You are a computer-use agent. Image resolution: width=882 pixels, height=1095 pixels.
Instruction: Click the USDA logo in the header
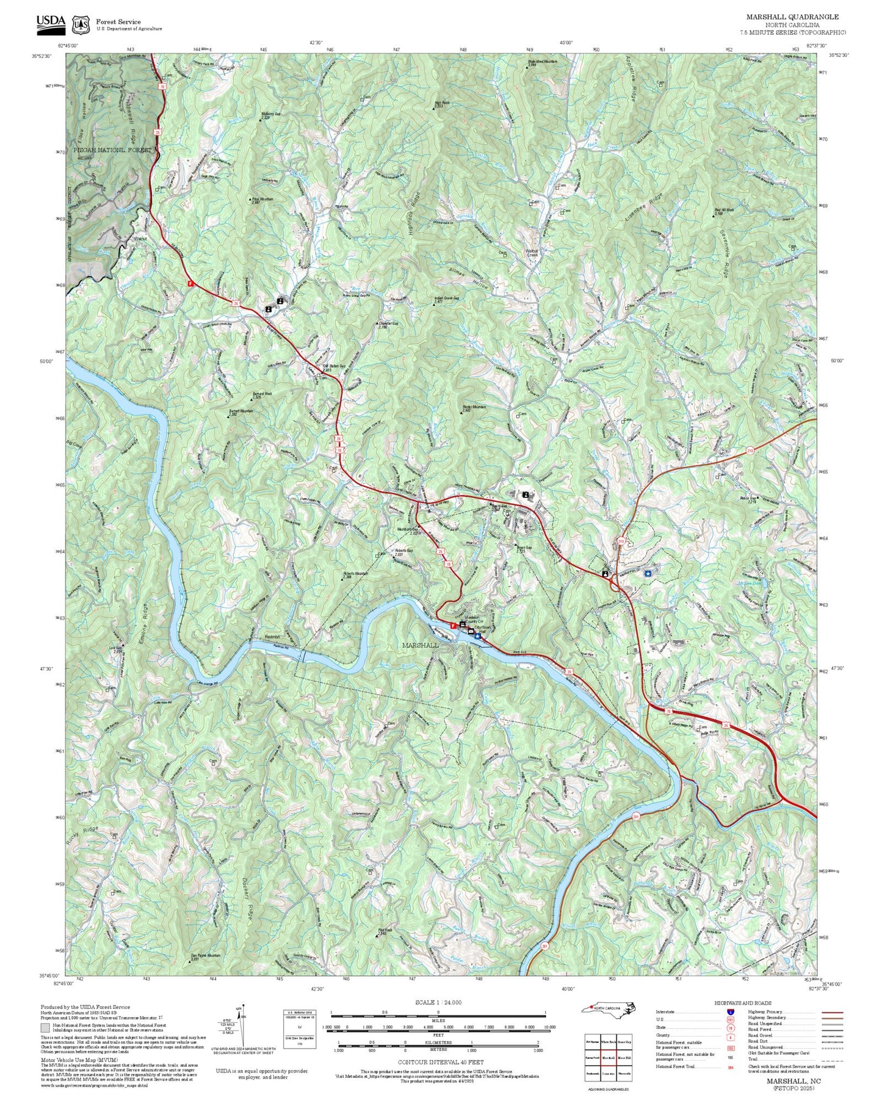click(x=51, y=23)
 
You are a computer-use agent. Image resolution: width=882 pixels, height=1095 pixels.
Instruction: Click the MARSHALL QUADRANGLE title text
click(x=792, y=17)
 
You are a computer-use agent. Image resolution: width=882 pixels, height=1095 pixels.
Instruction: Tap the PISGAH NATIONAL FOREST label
click(x=112, y=150)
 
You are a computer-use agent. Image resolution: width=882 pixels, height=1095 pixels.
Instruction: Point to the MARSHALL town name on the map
click(x=420, y=645)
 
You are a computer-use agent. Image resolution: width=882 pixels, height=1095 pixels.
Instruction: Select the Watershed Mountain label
click(x=543, y=63)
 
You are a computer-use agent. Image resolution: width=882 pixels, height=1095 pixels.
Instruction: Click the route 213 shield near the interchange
click(x=621, y=541)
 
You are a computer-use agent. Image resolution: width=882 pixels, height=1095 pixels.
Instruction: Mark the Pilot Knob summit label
click(x=385, y=931)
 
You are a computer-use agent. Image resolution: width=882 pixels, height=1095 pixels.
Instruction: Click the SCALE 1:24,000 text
click(x=438, y=1002)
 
